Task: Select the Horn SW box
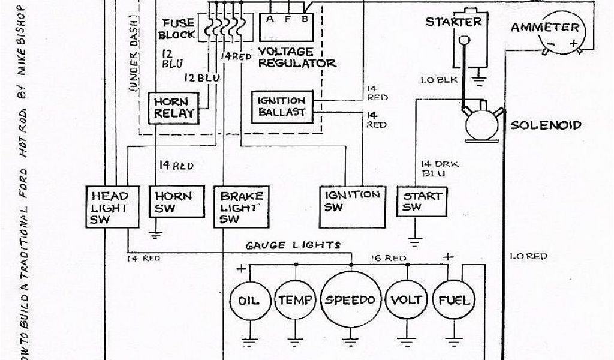coord(173,203)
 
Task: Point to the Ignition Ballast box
coord(282,106)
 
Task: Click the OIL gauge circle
coord(249,301)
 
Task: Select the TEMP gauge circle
coord(294,301)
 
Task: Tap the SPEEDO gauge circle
coord(351,301)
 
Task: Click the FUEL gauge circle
coord(454,301)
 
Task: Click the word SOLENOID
coord(546,125)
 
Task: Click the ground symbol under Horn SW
coord(156,235)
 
